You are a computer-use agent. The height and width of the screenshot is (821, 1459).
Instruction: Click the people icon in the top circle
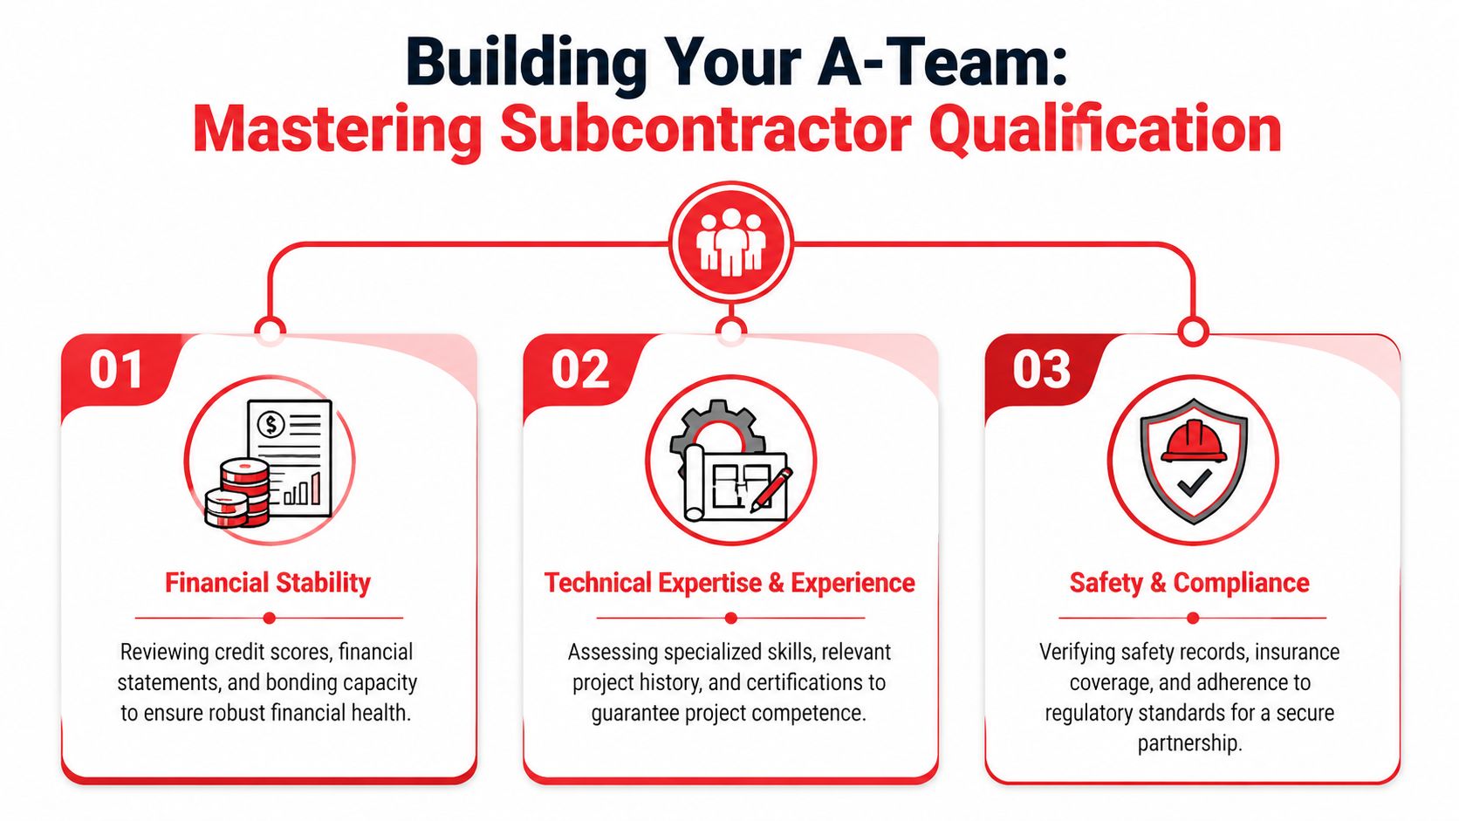click(x=730, y=242)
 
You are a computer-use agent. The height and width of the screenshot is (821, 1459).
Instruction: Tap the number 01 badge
click(x=116, y=370)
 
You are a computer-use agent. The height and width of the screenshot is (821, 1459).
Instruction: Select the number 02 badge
click(x=579, y=370)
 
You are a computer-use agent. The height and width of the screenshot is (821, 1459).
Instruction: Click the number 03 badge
click(x=1041, y=370)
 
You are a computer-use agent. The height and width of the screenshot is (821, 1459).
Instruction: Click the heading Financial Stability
click(x=268, y=583)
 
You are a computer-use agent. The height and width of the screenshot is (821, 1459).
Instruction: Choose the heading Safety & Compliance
click(x=1189, y=583)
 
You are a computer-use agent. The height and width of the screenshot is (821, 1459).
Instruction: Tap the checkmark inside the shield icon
click(x=1193, y=482)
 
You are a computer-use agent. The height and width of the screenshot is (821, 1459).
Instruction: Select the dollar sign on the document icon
click(x=271, y=425)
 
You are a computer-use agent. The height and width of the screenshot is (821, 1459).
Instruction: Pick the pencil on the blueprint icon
click(x=771, y=488)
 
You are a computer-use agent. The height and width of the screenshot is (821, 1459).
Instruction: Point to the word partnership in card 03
click(x=1188, y=743)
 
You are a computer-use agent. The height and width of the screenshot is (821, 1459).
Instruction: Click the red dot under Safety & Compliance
click(x=1193, y=618)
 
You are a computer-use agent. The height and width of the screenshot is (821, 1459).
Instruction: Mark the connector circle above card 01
click(x=270, y=331)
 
